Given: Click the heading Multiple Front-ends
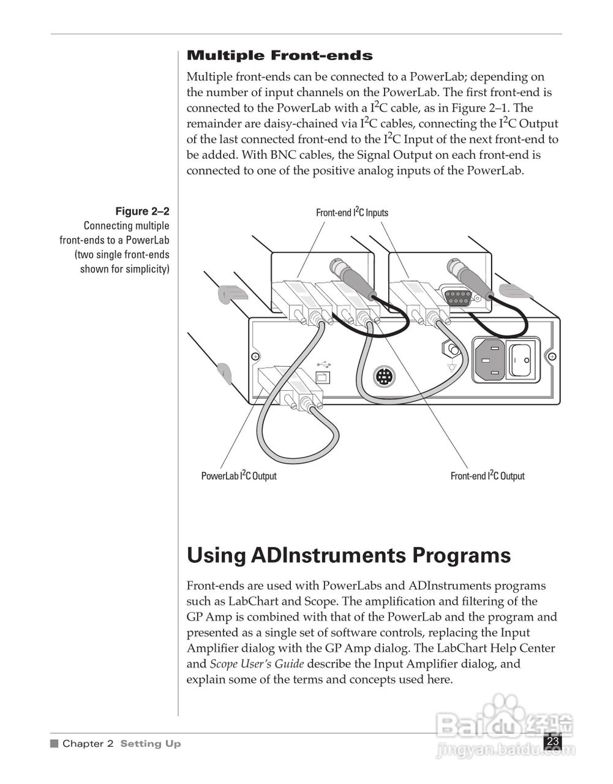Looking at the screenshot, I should pos(279,56).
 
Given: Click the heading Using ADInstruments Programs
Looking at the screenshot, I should pos(348,556).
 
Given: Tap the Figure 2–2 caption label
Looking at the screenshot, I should pos(142,211).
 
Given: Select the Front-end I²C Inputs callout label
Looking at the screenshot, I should pos(352,213).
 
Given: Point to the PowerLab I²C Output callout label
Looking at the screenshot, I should pos(239,476).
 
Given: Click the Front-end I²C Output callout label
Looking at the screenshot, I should pos(487,476).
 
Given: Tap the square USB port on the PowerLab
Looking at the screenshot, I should pos(322,377).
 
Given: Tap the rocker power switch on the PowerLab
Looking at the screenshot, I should pos(522,359).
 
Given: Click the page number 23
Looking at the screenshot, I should pos(553,741).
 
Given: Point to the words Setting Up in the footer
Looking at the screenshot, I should pos(151,744).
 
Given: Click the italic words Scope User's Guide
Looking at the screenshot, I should pos(257,664).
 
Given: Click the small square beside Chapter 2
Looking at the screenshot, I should pos(54,744).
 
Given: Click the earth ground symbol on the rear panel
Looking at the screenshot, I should pos(453,367).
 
